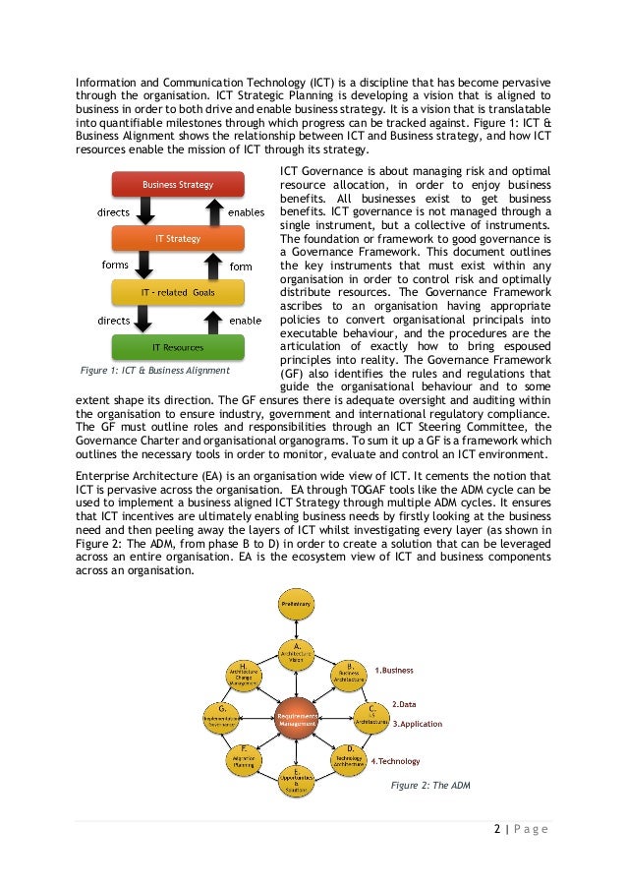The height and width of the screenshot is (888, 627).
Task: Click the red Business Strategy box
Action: tap(178, 185)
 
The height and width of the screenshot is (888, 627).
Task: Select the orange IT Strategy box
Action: tap(178, 239)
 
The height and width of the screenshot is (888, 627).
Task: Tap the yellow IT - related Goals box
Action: tap(178, 293)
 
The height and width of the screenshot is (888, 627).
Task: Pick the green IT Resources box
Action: tap(178, 348)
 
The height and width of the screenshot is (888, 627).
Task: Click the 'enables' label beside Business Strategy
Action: tap(245, 211)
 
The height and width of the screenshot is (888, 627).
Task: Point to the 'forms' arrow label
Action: tap(115, 265)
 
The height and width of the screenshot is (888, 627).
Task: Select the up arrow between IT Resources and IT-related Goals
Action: tap(211, 321)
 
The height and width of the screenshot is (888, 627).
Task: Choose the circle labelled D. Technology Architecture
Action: tap(351, 758)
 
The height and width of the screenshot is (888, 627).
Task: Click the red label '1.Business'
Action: tap(393, 671)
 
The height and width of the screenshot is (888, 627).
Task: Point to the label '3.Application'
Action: tap(418, 724)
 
